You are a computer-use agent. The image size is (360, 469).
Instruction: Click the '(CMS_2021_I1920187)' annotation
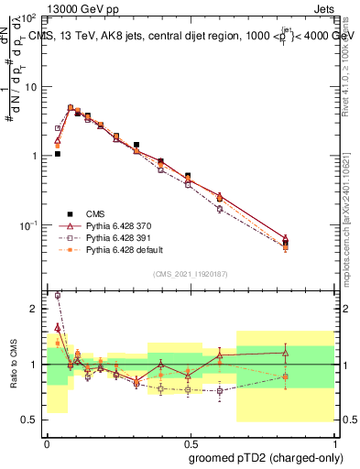click(x=190, y=274)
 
